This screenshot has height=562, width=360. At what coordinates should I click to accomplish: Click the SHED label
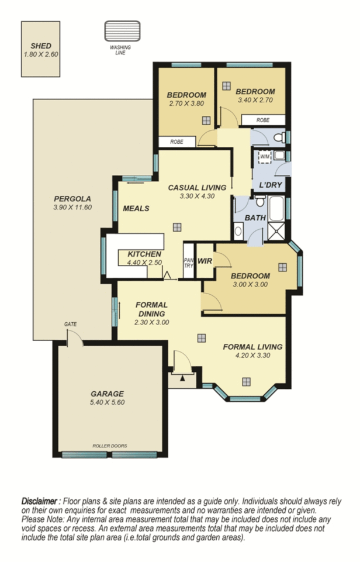pos(41,46)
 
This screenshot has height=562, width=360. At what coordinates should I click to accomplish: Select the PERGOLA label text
pos(72,198)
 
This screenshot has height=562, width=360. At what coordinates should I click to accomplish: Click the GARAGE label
pos(107,394)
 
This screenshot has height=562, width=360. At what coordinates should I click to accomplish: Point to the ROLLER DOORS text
pos(109,446)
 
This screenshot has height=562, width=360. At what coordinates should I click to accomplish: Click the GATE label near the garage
pos(71,325)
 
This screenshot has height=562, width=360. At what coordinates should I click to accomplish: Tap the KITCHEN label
pos(144,254)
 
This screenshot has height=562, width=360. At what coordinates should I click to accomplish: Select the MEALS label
pos(136,208)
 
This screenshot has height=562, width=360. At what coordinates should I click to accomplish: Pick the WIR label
pos(205,261)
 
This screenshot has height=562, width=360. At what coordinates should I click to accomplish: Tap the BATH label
pos(255,218)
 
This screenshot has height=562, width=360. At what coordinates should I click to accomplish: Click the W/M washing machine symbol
pos(265,157)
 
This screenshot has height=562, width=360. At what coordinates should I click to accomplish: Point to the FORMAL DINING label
pos(151,309)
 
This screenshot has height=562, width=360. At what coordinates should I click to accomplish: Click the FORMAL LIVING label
pos(252,346)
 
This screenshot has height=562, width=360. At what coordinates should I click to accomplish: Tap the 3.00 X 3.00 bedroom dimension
pos(250,285)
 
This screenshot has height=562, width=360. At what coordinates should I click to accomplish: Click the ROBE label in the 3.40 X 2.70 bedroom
pos(263,120)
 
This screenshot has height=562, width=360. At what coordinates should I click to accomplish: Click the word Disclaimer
pos(40,501)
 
